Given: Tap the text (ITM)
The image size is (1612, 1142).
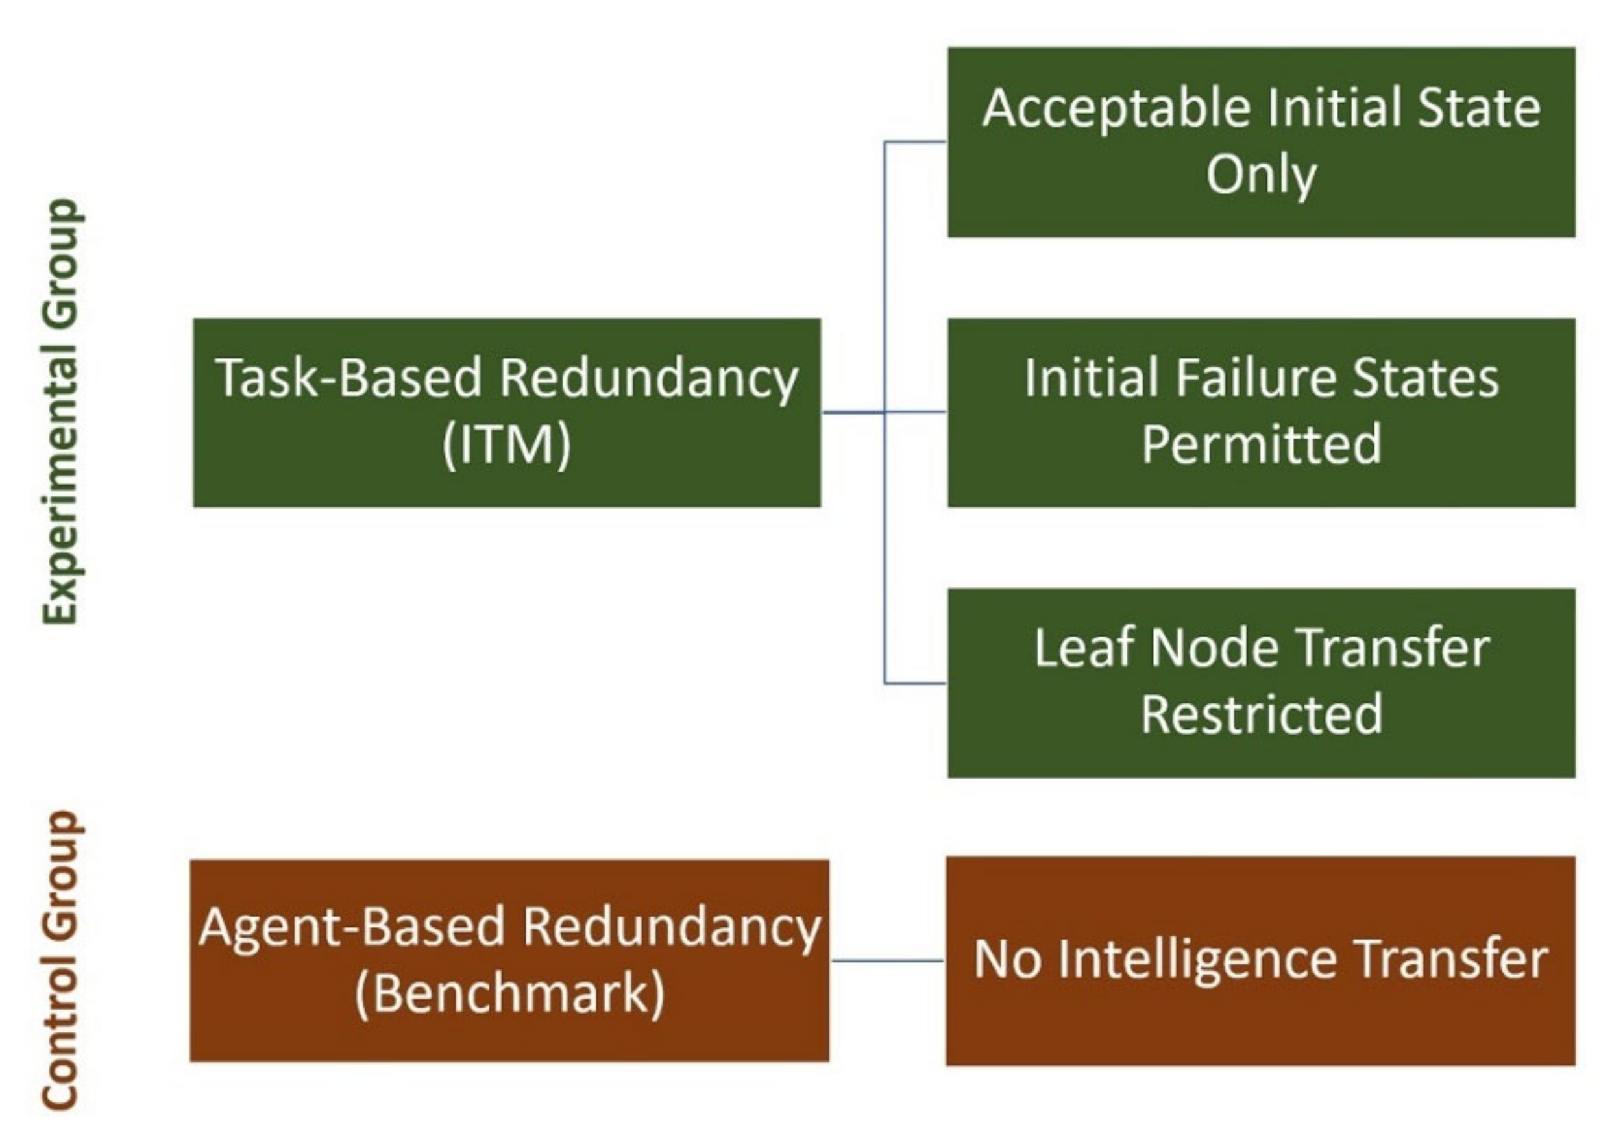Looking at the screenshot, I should tap(506, 445).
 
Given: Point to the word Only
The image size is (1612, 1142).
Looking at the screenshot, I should tap(1261, 175).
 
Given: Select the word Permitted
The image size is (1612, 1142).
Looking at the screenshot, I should tap(1261, 444).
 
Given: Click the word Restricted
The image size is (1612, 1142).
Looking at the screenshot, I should tap(1261, 714).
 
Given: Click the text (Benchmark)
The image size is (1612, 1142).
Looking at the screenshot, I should tap(509, 993).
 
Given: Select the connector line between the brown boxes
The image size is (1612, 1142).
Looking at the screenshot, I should tap(888, 960).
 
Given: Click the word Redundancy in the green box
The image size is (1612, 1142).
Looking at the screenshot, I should tap(648, 378).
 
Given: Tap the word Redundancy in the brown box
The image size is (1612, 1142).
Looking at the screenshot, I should tap(672, 926).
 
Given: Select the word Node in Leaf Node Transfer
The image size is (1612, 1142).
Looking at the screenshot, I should tap(1214, 648).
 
